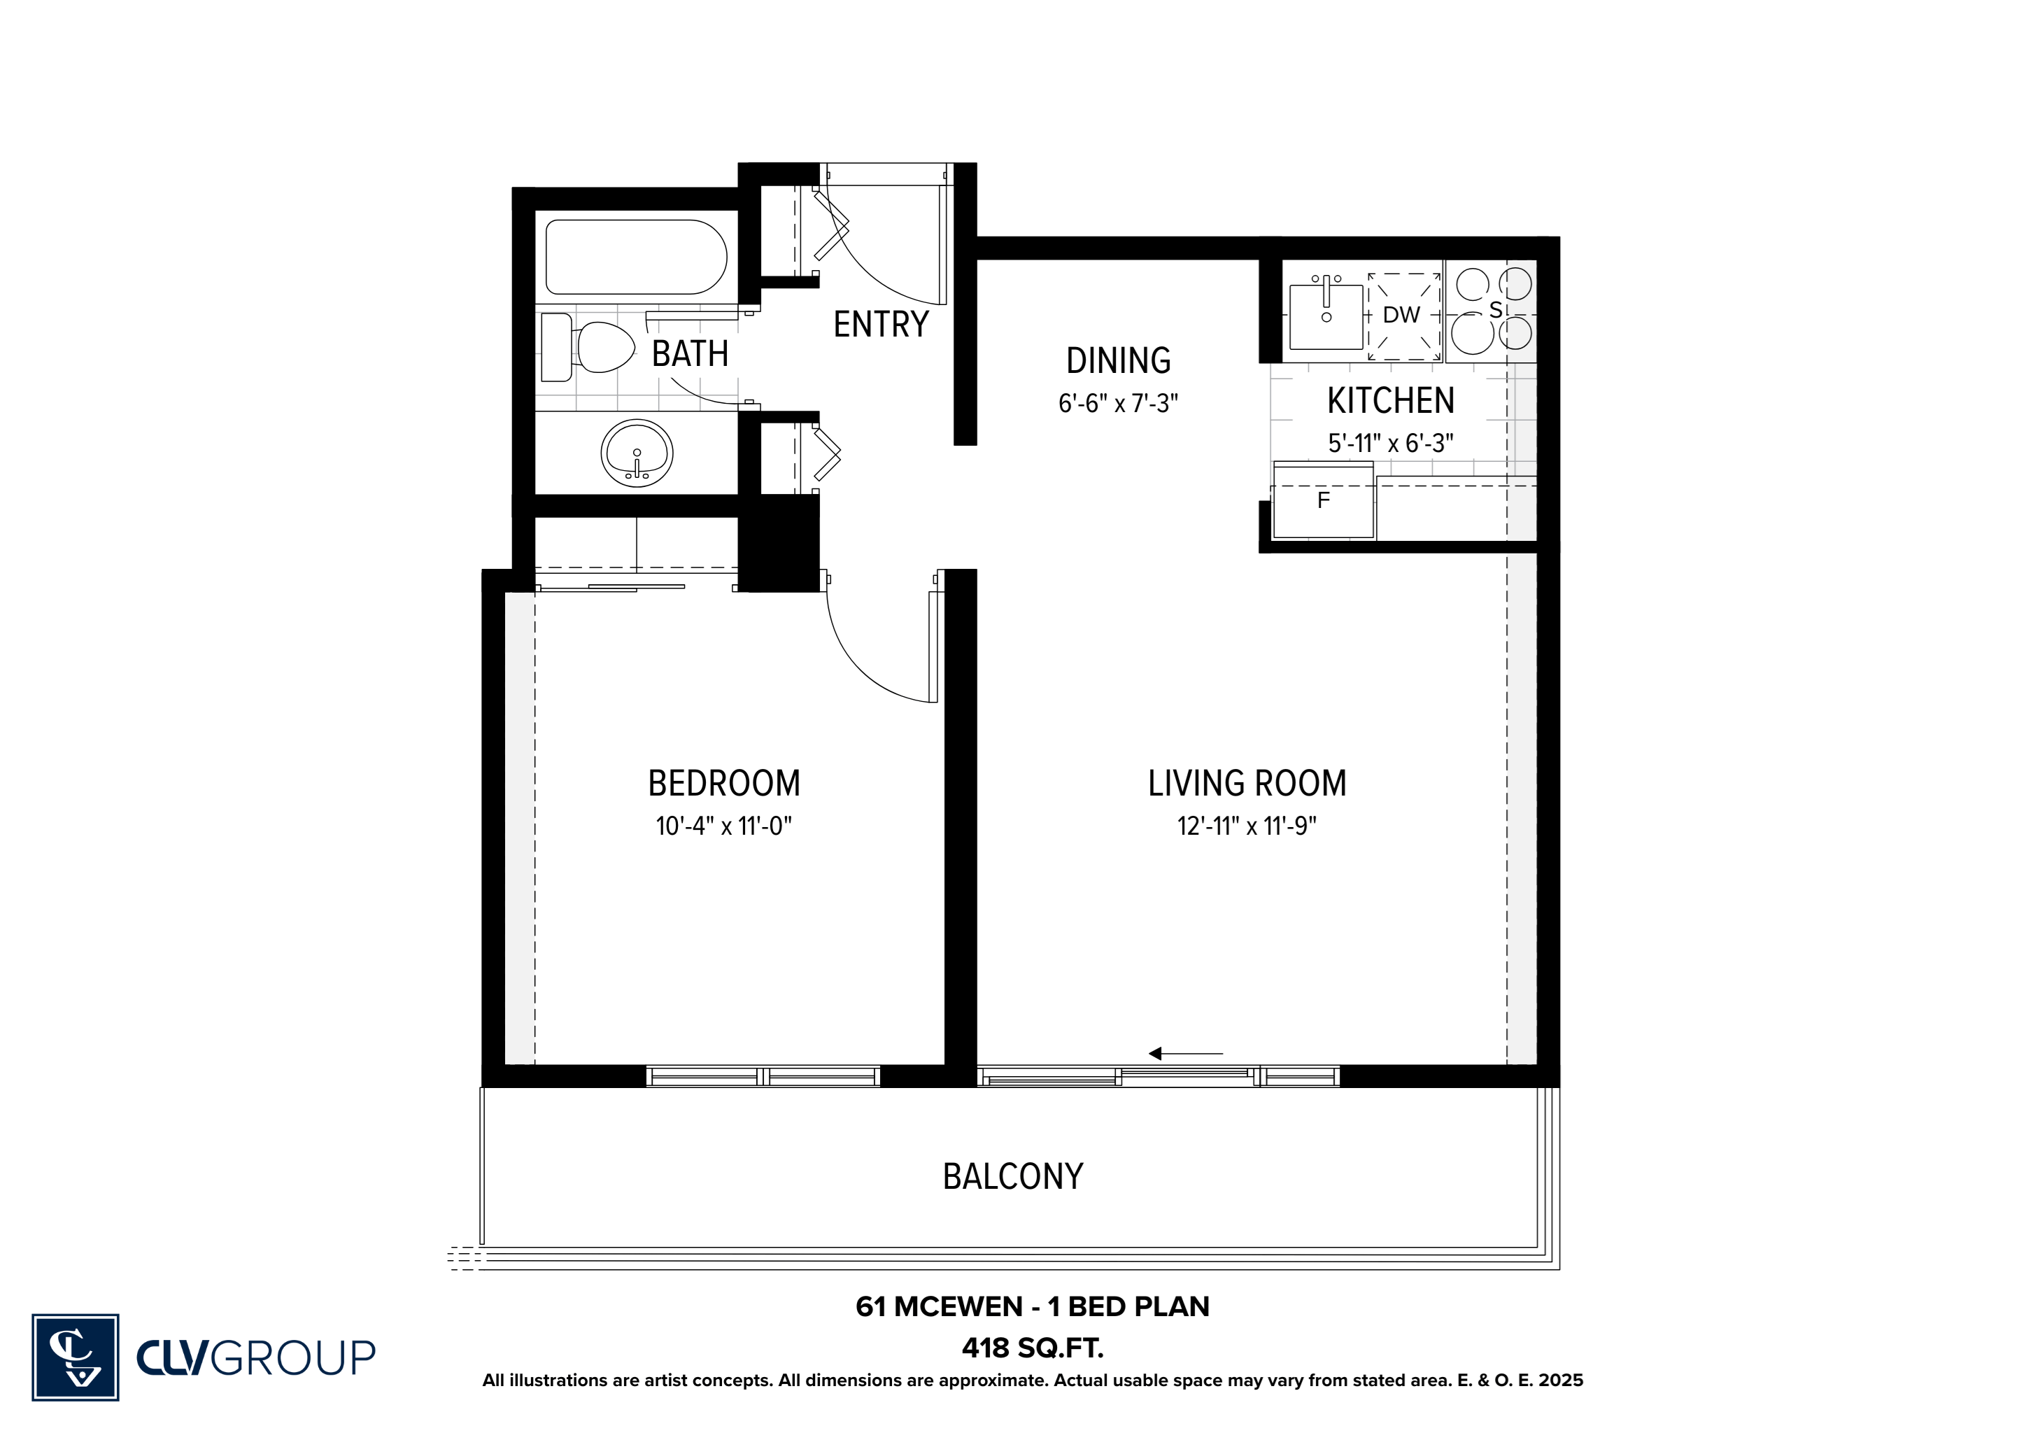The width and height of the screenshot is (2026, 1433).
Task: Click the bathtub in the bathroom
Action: pyautogui.click(x=636, y=257)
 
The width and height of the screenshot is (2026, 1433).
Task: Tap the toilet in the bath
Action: pyautogui.click(x=588, y=347)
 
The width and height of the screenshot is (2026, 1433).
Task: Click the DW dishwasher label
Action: pyautogui.click(x=1401, y=315)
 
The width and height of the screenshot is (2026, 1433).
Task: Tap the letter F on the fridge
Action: pyautogui.click(x=1323, y=500)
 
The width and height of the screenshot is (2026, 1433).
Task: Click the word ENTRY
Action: pyautogui.click(x=881, y=325)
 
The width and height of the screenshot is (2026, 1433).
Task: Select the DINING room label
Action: pyautogui.click(x=1118, y=361)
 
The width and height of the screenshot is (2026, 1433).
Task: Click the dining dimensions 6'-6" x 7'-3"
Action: pyautogui.click(x=1118, y=403)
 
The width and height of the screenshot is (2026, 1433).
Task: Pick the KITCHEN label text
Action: pyautogui.click(x=1391, y=402)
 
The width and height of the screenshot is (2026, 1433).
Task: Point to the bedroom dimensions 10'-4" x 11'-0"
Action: pyautogui.click(x=723, y=826)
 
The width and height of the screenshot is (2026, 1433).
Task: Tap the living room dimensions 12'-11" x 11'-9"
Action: pyautogui.click(x=1247, y=826)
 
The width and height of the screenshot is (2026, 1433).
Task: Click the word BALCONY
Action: pyautogui.click(x=1013, y=1176)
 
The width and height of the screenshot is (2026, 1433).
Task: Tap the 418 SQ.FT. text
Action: pyautogui.click(x=1033, y=1348)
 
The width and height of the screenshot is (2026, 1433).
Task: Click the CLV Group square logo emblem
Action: pyautogui.click(x=75, y=1357)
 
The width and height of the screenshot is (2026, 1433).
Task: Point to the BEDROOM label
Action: pyautogui.click(x=723, y=784)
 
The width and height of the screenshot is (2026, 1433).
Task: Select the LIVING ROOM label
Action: pyautogui.click(x=1247, y=784)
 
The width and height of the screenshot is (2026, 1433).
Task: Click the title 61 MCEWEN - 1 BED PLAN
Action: pyautogui.click(x=1033, y=1307)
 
